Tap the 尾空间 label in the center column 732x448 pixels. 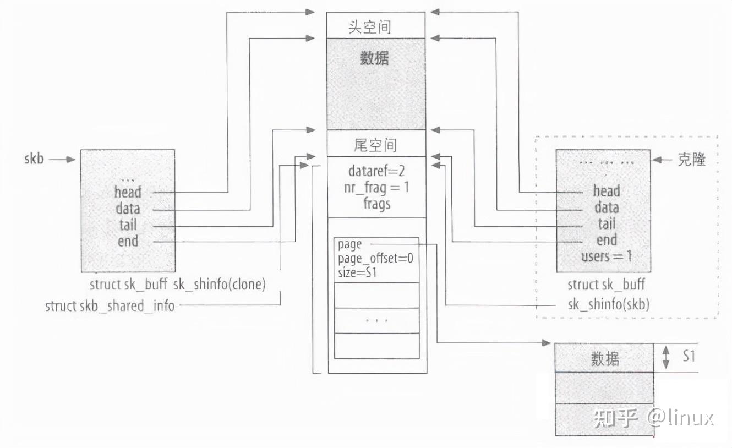375,145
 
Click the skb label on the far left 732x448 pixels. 34,159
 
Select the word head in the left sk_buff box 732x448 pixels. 128,193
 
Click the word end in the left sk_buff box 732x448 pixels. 128,241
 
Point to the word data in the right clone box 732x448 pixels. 606,208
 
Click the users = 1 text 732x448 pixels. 606,256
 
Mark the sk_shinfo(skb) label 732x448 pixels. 608,304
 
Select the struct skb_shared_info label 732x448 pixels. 110,306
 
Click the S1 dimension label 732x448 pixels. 689,357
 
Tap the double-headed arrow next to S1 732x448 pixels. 666,357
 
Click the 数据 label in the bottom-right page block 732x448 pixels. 605,359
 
